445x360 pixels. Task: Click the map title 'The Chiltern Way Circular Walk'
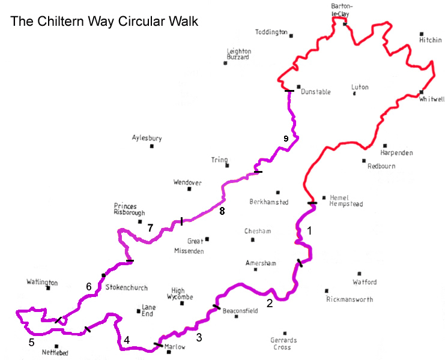[x=104, y=21]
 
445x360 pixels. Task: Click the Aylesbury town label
[x=147, y=138]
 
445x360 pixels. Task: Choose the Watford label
[x=365, y=281]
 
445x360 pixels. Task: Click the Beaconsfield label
[x=240, y=311]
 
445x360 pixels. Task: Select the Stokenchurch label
[x=126, y=287]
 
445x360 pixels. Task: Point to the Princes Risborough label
[x=130, y=209]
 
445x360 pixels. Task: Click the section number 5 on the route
[x=31, y=343]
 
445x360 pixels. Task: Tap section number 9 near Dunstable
[x=286, y=139]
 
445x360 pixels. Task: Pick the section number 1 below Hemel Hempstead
[x=310, y=230]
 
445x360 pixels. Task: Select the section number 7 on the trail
[x=150, y=228]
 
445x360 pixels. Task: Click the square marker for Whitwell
[x=422, y=92]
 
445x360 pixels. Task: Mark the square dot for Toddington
[x=291, y=35]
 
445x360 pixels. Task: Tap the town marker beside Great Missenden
[x=207, y=239]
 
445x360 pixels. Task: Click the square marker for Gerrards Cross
[x=285, y=334]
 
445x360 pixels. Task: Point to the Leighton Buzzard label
[x=238, y=54]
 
